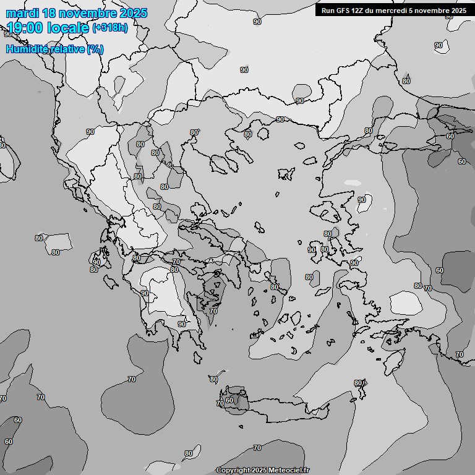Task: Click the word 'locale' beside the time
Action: point(69,28)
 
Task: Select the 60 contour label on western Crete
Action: point(229,400)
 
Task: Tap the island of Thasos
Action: point(263,133)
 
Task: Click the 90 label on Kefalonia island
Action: point(96,262)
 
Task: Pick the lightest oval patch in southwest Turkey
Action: point(406,302)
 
